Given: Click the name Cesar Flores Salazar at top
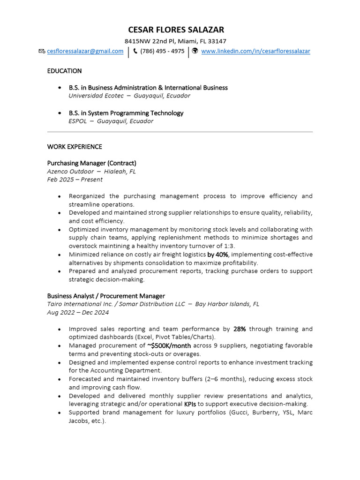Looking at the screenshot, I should click(176, 30).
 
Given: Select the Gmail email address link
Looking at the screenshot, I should click(85, 51).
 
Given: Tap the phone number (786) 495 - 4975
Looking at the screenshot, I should click(162, 51).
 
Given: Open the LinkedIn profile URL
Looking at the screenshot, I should click(255, 51).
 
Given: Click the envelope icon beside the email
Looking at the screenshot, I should click(42, 51).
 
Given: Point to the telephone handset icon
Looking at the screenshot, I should click(135, 51).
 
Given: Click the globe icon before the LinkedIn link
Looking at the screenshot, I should click(195, 51).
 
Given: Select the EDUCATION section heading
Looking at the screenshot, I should click(64, 71).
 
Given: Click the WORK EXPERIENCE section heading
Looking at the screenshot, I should click(75, 147).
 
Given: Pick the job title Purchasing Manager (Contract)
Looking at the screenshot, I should click(91, 163).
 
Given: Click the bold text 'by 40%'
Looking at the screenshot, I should click(217, 255).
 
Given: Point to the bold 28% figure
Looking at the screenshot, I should click(240, 329).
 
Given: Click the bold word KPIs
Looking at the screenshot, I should click(190, 404).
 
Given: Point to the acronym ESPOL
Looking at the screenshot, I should click(78, 121).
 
